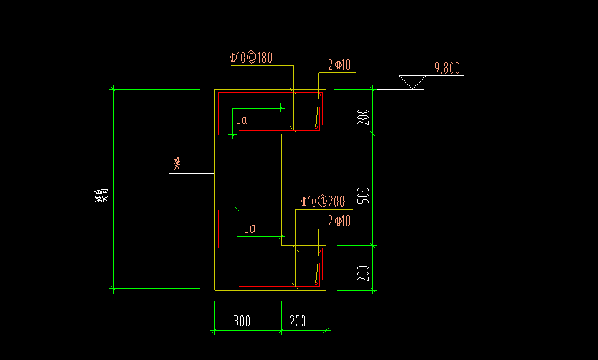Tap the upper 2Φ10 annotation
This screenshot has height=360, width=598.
[x=340, y=66]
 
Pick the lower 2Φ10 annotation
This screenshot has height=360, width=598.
[x=340, y=221]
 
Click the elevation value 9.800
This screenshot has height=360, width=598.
[x=447, y=69]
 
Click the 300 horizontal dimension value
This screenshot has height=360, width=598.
[x=243, y=321]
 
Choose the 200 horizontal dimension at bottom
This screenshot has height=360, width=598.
[x=298, y=321]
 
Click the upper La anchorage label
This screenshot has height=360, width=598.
[x=241, y=120]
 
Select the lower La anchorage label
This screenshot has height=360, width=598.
[x=249, y=228]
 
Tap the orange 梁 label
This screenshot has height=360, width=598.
[x=176, y=164]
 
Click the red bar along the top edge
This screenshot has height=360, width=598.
[x=270, y=93]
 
